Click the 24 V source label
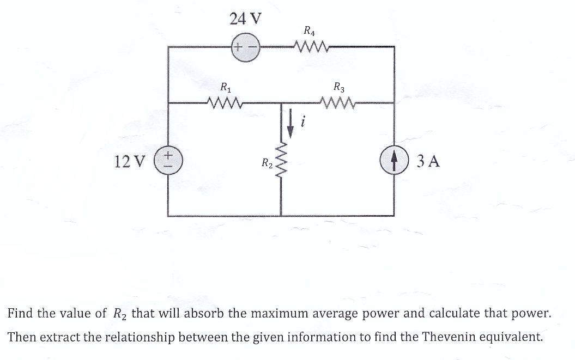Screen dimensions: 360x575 pyautogui.click(x=245, y=19)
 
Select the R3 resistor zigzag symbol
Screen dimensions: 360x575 pyautogui.click(x=338, y=102)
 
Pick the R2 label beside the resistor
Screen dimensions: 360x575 pyautogui.click(x=267, y=162)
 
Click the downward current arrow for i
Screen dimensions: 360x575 pyautogui.click(x=290, y=120)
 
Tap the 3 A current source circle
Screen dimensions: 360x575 pyautogui.click(x=394, y=161)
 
